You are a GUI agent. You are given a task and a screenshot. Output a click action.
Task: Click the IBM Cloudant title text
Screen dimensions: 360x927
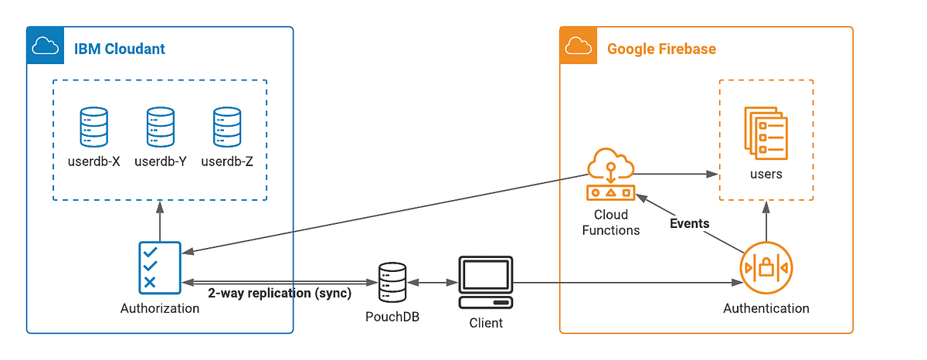click(119, 49)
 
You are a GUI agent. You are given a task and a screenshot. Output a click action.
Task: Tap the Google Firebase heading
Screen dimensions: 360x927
click(661, 49)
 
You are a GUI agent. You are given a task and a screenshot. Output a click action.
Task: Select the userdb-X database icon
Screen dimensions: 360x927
click(93, 127)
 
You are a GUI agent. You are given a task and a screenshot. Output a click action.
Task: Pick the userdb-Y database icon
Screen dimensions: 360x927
click(161, 127)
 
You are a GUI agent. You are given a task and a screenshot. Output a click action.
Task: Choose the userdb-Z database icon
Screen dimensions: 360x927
click(227, 127)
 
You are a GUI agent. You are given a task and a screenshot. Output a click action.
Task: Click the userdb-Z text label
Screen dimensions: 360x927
click(227, 162)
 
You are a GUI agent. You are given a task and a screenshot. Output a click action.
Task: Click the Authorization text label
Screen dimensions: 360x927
click(160, 308)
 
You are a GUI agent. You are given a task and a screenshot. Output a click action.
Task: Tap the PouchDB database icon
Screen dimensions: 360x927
click(392, 283)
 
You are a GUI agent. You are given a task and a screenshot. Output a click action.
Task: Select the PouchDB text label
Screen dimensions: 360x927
click(392, 317)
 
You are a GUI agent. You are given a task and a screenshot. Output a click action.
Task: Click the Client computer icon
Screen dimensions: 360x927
click(485, 283)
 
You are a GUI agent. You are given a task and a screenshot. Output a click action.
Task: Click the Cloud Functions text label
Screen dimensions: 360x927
click(610, 222)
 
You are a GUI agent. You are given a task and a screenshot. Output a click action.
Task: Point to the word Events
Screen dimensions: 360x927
click(690, 223)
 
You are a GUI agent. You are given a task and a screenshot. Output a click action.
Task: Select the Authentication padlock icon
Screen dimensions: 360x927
click(766, 268)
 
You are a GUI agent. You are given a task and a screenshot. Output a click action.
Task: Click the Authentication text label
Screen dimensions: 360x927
click(766, 308)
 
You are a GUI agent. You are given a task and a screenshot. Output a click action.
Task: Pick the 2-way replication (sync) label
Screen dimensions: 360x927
click(279, 294)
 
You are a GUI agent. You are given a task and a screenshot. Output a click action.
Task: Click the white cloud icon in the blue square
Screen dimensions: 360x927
click(42, 48)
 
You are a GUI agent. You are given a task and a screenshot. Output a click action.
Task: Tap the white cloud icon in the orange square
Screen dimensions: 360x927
click(578, 48)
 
